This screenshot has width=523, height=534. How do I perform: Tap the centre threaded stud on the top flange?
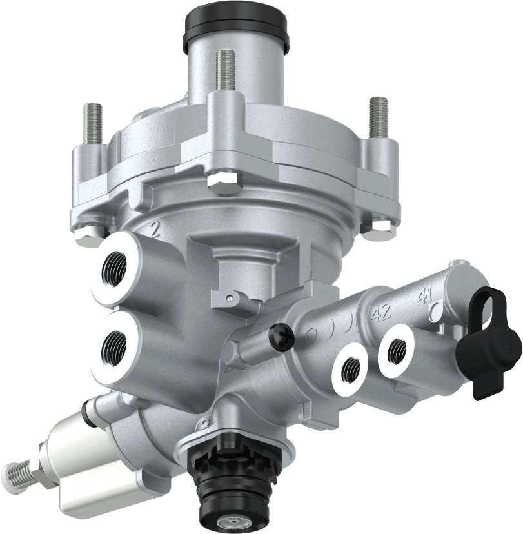[224, 72]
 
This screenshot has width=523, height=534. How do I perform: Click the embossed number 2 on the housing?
[155, 231]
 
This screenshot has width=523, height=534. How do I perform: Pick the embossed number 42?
[381, 313]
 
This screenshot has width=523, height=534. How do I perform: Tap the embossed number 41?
[424, 297]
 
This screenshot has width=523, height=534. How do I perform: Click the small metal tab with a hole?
[229, 299]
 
